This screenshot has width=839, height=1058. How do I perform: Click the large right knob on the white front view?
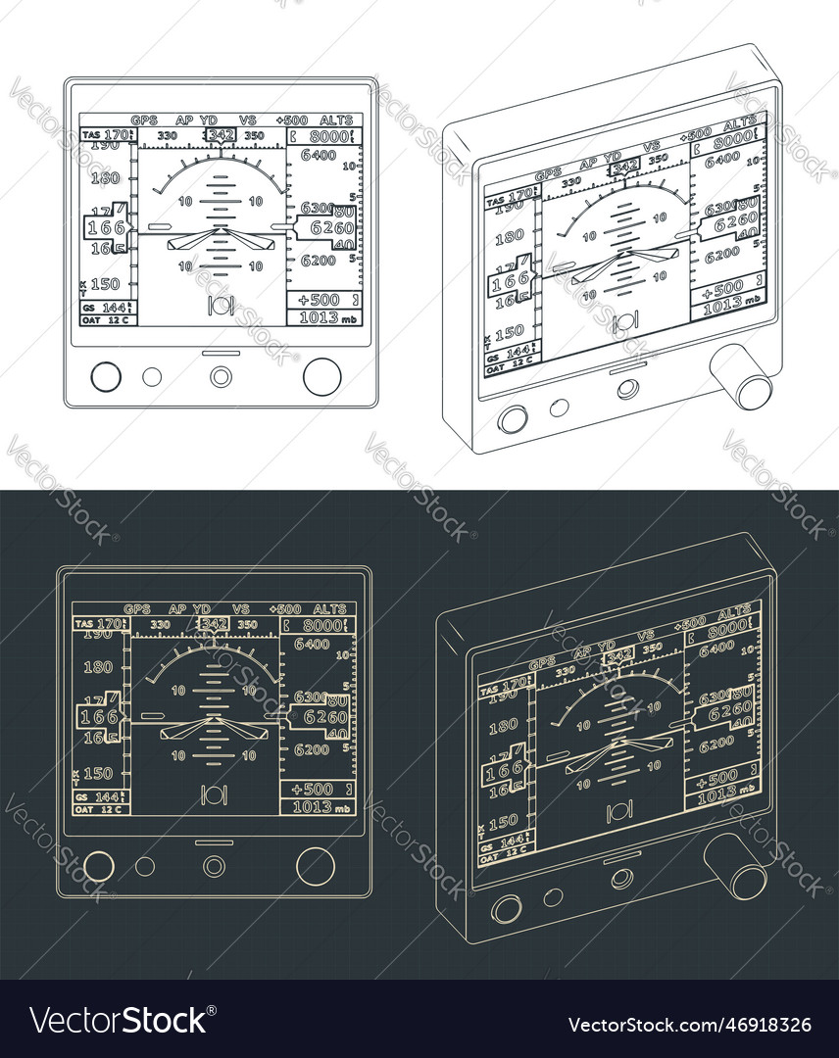(x=321, y=376)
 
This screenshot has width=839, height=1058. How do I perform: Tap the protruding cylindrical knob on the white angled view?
(x=742, y=379)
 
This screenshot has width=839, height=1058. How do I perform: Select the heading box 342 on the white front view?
(x=222, y=135)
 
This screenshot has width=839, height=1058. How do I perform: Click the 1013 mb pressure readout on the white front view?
(x=324, y=318)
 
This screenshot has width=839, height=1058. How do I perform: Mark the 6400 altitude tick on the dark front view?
(x=312, y=644)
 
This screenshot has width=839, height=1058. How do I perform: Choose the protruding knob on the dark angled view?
(x=737, y=868)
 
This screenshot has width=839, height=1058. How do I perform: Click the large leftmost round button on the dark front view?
(x=99, y=866)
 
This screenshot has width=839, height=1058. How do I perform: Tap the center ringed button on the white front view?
(x=222, y=376)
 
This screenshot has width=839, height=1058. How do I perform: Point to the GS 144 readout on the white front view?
(x=104, y=307)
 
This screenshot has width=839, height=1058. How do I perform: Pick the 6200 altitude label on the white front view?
(x=319, y=260)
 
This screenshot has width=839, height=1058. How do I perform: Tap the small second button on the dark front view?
(x=145, y=866)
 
